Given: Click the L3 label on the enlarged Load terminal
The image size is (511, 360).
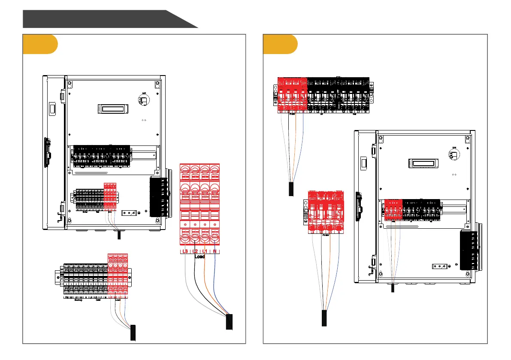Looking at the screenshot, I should pyautogui.click(x=185, y=251).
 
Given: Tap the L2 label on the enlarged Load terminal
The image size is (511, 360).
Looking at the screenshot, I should pyautogui.click(x=195, y=251).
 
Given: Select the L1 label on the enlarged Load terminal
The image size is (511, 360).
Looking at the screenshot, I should pyautogui.click(x=205, y=251).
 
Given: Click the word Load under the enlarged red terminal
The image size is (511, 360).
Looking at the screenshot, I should pyautogui.click(x=200, y=257).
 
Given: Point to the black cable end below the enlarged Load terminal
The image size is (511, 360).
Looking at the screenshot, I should pyautogui.click(x=229, y=322).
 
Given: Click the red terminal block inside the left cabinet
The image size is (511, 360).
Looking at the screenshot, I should pyautogui.click(x=110, y=197).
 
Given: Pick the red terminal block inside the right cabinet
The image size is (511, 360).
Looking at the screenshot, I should pyautogui.click(x=393, y=210).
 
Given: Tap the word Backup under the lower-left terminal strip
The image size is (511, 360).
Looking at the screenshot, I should pyautogui.click(x=78, y=300).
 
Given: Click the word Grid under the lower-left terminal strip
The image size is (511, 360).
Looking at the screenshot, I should pyautogui.click(x=98, y=300).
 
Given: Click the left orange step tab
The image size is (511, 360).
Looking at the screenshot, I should pyautogui.click(x=40, y=44).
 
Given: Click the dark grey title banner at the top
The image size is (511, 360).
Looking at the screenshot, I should pyautogui.click(x=103, y=19).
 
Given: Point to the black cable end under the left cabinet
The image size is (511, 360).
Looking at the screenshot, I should pyautogui.click(x=119, y=235).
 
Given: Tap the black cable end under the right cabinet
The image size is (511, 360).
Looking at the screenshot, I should pyautogui.click(x=393, y=288).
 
